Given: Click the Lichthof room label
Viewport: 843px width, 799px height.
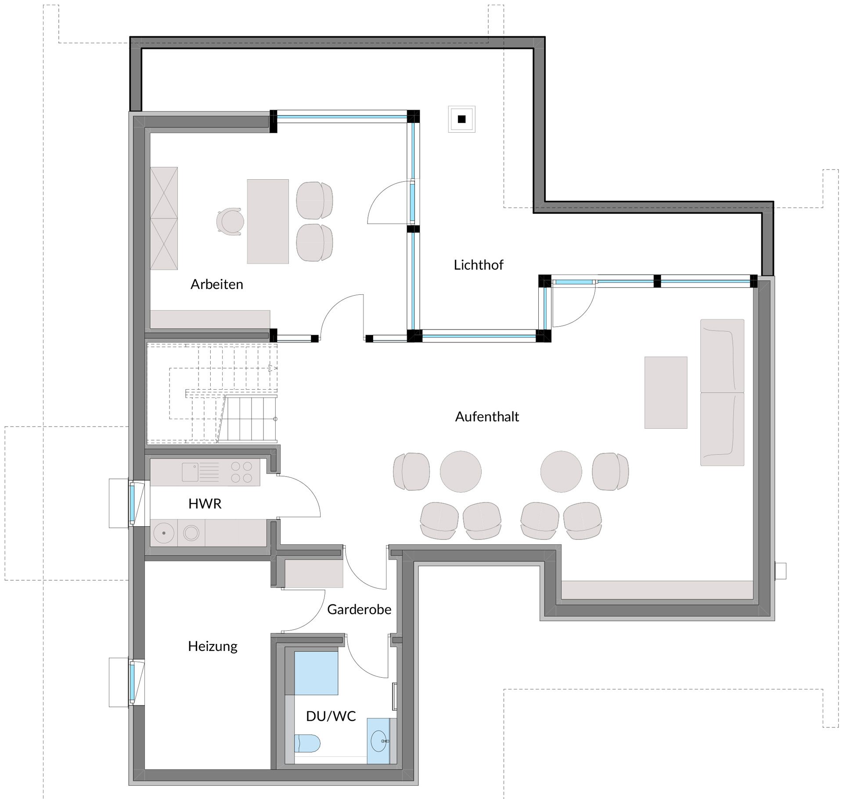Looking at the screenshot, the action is click(478, 265).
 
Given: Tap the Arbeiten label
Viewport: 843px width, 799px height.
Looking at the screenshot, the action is click(216, 284).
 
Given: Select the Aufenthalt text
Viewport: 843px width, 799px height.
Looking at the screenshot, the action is click(487, 416).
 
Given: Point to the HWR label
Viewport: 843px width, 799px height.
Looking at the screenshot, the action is click(205, 503).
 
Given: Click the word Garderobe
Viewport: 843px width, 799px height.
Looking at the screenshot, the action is click(359, 609).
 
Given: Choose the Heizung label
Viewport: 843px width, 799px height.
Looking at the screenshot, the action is click(213, 646).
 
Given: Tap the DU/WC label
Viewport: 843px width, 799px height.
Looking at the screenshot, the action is click(331, 716).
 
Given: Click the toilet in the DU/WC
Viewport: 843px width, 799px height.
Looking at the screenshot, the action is click(307, 743).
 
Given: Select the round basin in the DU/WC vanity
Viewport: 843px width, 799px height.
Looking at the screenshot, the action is click(380, 741).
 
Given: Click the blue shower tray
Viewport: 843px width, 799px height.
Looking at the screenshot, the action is click(316, 673).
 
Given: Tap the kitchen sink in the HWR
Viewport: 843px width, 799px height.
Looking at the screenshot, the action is click(190, 472).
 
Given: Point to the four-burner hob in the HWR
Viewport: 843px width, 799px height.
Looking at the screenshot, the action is click(241, 472).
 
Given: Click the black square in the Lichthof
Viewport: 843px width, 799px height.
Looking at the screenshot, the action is click(461, 119).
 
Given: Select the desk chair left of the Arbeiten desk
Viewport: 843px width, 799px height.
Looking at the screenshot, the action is click(231, 222).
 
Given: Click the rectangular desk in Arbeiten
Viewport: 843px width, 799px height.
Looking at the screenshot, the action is click(268, 221).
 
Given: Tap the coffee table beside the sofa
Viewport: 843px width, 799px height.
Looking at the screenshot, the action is click(666, 392).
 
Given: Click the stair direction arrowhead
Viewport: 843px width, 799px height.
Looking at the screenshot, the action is click(272, 368).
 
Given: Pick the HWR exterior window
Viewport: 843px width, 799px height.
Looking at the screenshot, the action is click(131, 503).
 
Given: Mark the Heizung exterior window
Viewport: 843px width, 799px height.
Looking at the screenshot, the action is click(131, 682).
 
